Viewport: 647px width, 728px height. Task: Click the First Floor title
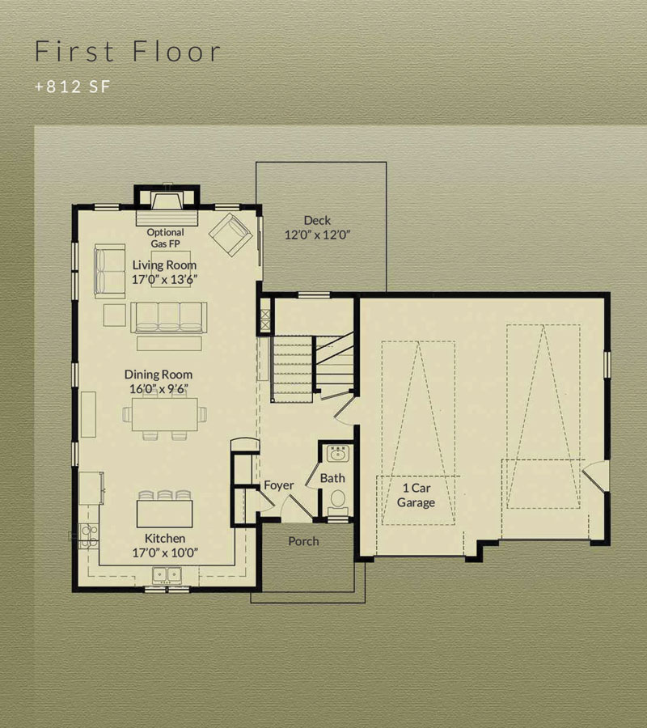[x=128, y=51]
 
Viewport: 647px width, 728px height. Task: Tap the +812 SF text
[x=73, y=87]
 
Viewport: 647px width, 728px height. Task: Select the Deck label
[x=318, y=221]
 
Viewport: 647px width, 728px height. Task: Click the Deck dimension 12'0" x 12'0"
[x=318, y=235]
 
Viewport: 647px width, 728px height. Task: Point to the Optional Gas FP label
[x=165, y=238]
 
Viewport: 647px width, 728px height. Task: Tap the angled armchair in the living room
[x=230, y=235]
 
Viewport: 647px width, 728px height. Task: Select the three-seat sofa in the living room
[x=168, y=318]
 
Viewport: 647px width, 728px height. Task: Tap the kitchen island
[x=165, y=513]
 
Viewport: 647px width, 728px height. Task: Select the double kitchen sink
[x=167, y=575]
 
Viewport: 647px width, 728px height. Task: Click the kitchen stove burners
[x=87, y=535]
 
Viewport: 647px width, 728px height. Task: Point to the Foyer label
[x=278, y=485]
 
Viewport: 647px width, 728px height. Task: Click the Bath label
[x=332, y=478]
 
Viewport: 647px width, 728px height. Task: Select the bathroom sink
[x=337, y=454]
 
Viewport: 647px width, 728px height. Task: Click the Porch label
[x=303, y=541]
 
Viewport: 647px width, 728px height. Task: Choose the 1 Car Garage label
[x=417, y=495]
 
